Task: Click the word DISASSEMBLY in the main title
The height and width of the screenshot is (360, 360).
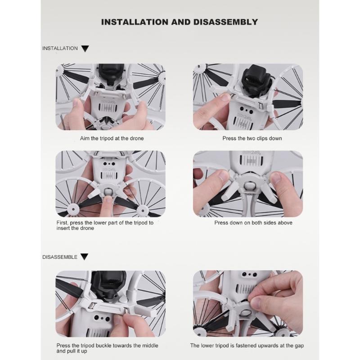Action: click(225, 22)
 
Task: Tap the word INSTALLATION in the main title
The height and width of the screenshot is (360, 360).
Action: click(135, 22)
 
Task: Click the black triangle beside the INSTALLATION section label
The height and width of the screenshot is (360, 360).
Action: click(85, 49)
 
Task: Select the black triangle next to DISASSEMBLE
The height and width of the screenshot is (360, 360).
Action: click(85, 257)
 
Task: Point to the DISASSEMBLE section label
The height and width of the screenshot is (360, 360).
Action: click(60, 257)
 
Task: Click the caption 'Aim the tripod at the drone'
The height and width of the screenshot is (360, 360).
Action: click(112, 139)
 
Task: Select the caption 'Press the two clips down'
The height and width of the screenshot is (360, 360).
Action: click(252, 139)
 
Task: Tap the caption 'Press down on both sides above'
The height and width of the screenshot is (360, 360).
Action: click(253, 223)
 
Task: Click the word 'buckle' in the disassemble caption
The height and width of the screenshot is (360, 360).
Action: click(104, 346)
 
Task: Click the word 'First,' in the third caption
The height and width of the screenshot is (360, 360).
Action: click(63, 223)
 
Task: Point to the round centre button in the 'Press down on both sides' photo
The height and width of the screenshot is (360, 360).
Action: click(249, 185)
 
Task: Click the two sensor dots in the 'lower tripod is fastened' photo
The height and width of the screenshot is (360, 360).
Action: click(249, 274)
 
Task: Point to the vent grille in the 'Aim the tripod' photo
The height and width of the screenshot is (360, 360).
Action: click(108, 107)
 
